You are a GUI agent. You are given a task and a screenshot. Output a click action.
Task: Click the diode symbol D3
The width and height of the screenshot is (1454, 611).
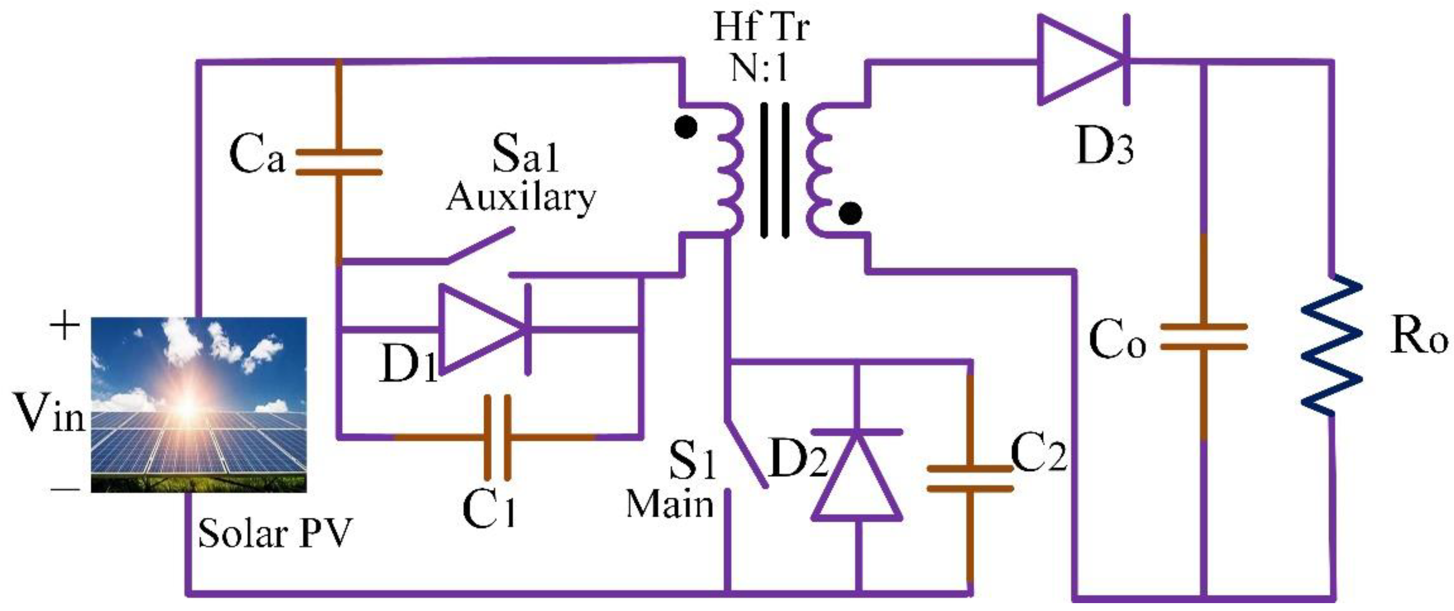coord(1081,60)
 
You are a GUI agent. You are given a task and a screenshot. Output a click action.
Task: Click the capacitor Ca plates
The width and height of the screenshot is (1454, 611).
coord(339,162)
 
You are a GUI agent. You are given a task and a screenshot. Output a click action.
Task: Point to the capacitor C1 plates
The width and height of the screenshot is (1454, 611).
coord(497,437)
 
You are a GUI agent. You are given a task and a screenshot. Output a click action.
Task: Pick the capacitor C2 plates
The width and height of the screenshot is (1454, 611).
coord(970,478)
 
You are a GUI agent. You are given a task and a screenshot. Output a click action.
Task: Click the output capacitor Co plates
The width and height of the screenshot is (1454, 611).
coord(1203,337)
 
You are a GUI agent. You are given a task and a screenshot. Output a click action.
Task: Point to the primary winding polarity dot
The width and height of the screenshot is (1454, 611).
coord(686,127)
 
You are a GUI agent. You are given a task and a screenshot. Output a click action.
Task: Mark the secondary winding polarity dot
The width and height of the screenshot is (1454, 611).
coord(850,214)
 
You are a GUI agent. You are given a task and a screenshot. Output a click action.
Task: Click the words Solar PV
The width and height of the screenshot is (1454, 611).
coord(275,533)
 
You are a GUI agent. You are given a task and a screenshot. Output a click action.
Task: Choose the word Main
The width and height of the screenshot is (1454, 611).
coord(670,504)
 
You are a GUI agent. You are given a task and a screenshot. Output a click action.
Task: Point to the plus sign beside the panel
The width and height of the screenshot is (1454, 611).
coord(64,327)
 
